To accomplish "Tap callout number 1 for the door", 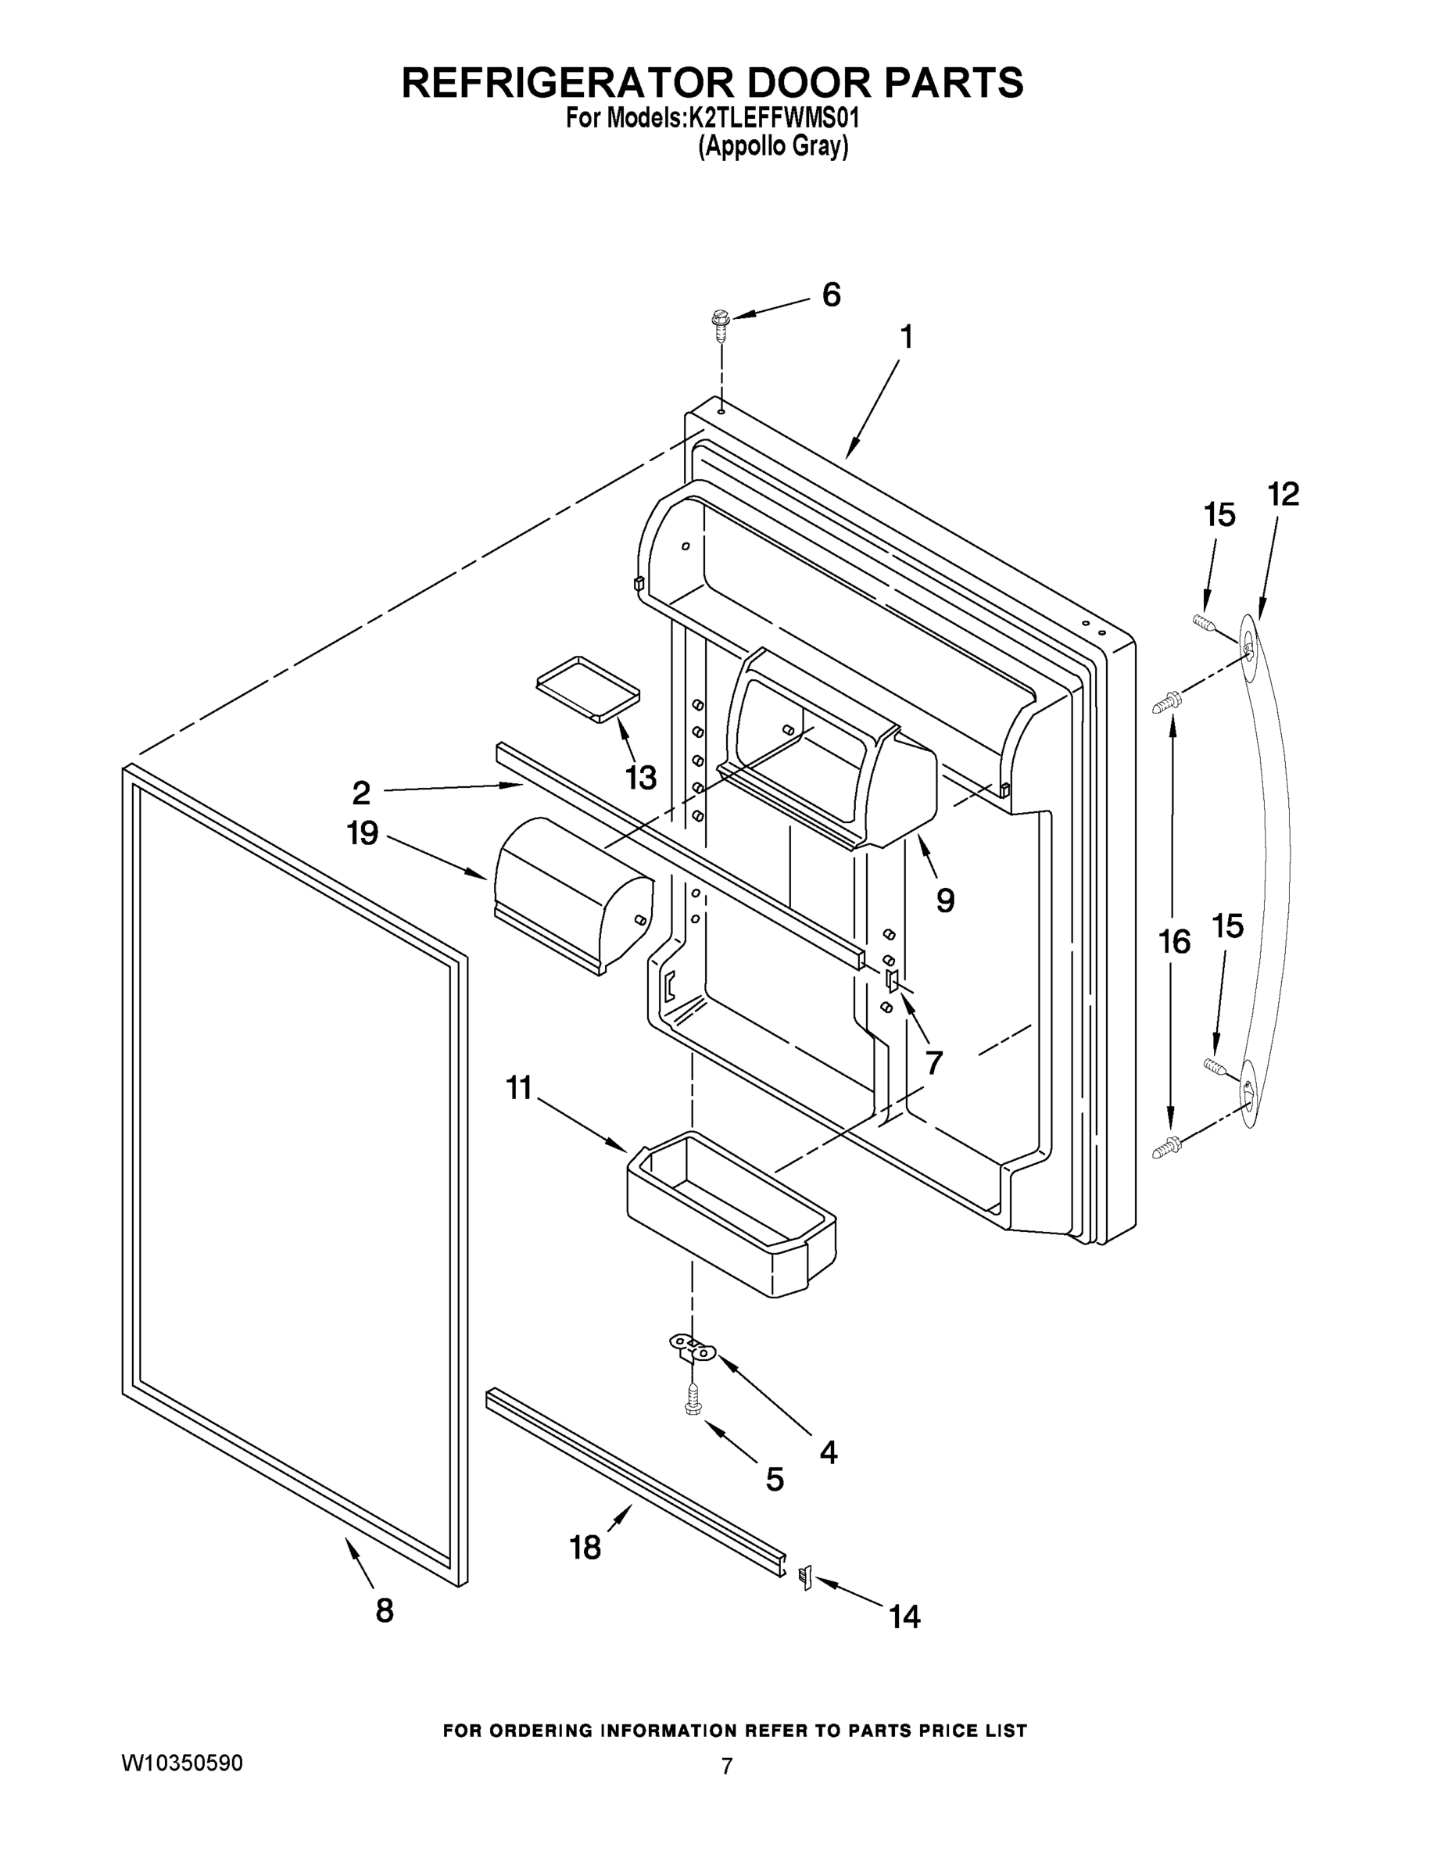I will coord(905,337).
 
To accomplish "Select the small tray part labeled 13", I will coord(589,688).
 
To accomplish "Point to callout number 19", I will coord(363,832).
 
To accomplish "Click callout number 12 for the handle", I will coord(1284,494).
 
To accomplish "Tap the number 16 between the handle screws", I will coord(1174,941).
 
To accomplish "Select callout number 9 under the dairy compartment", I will coord(945,900).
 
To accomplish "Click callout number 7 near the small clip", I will coord(934,1062).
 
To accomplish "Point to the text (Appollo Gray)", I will coord(772,147).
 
